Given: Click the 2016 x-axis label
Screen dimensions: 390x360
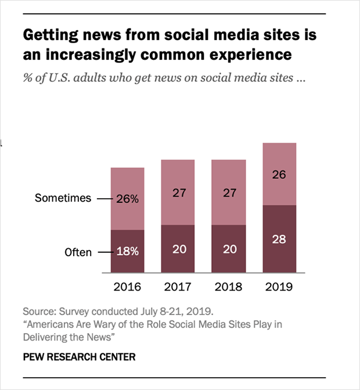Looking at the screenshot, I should pos(128,287).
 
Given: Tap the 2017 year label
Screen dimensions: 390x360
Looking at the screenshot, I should pos(178,287).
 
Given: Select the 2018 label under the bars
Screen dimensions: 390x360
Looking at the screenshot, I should pos(228,287).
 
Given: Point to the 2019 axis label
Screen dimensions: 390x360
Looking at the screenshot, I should pos(279,287).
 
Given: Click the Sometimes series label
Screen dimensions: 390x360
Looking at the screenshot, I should pos(63,198).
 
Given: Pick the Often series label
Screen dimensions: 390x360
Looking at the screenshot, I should pos(78,253).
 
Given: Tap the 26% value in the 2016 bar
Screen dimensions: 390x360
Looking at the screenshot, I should pos(128,198).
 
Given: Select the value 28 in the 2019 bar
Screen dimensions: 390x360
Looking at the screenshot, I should pos(279,239).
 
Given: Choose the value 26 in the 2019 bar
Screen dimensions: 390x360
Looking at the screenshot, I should pos(279,174).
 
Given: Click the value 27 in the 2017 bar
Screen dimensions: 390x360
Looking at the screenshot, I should pos(178,192).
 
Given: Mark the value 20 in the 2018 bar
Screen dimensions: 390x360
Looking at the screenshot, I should pos(228,249).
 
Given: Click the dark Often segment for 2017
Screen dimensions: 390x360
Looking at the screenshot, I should pos(178,262).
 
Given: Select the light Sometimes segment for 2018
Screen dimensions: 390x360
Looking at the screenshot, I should pos(228,209).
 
